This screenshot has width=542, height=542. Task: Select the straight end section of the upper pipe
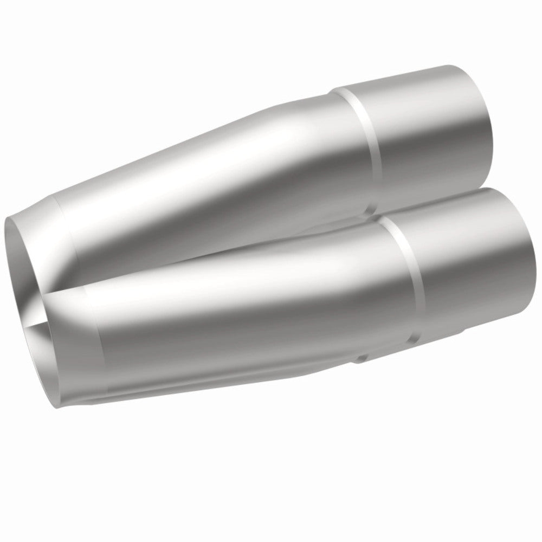click(428, 130)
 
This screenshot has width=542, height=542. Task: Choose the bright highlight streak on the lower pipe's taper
click(217, 271)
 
